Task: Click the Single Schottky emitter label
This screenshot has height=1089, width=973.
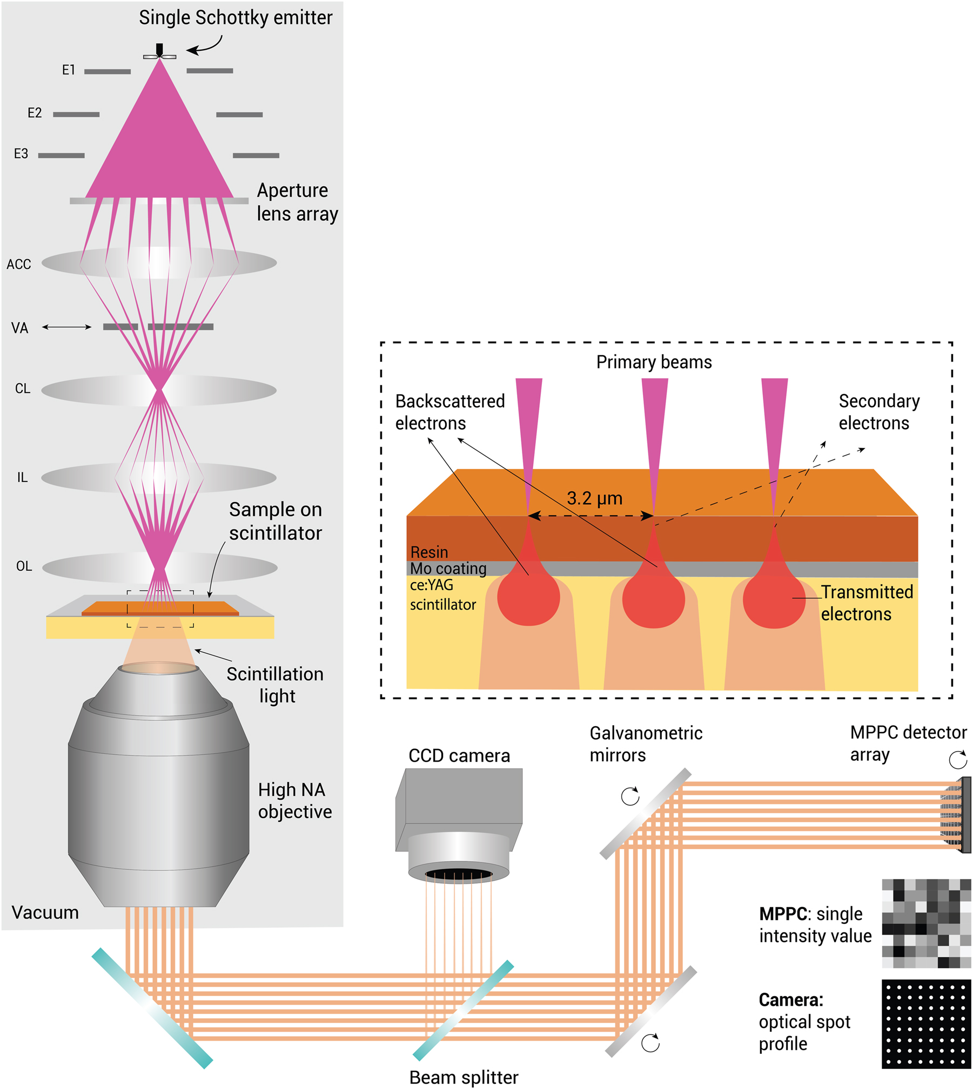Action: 236,18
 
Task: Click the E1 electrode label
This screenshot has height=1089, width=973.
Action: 68,70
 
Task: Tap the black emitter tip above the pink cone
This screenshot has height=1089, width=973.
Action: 159,50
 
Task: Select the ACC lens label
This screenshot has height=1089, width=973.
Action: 19,265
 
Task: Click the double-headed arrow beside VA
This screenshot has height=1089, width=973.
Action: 67,327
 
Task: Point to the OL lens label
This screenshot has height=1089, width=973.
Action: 24,566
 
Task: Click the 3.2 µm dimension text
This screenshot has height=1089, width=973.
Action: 594,498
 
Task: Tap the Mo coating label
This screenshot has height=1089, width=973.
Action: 448,569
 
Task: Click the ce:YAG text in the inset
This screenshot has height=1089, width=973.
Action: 432,585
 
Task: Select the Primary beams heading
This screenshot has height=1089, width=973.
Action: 654,362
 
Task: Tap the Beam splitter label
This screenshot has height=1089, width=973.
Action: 464,1077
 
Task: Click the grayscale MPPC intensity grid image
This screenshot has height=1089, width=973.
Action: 926,923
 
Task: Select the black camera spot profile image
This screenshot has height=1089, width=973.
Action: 926,1024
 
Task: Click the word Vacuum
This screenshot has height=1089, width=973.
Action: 45,912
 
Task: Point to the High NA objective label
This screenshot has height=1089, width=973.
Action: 294,800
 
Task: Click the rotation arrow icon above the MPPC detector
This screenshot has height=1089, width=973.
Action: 958,759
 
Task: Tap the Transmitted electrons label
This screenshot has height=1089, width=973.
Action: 867,603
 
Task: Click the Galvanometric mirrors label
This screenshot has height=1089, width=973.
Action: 646,743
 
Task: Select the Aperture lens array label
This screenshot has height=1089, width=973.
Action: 297,202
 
